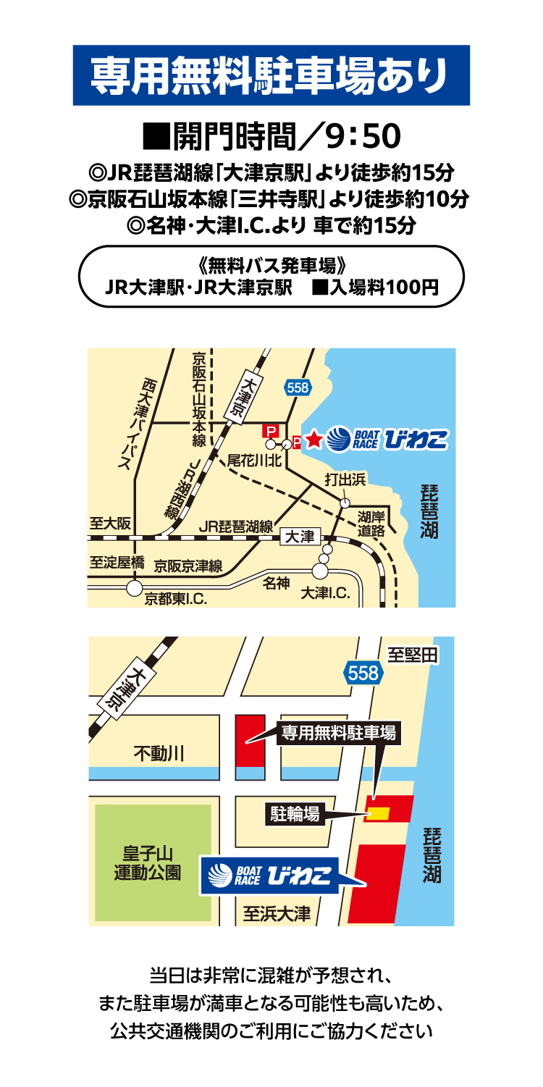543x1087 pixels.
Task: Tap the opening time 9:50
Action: pos(363,135)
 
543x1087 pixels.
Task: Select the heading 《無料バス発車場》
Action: pos(271,266)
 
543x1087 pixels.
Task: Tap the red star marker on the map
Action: pos(313,439)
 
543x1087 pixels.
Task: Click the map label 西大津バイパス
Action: pos(133,424)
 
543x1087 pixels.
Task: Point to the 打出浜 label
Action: pos(345,479)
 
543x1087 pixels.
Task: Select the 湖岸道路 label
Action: pos(372,524)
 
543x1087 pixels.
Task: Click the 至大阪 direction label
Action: pos(111,523)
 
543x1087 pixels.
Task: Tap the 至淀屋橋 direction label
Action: pos(117,562)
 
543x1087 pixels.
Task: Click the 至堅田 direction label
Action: pos(413,655)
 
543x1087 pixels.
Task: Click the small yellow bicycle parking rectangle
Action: pos(378,814)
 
